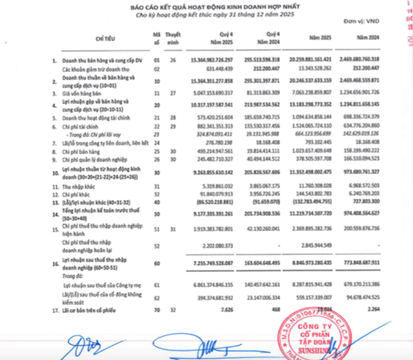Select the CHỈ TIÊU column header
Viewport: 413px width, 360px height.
103,40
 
